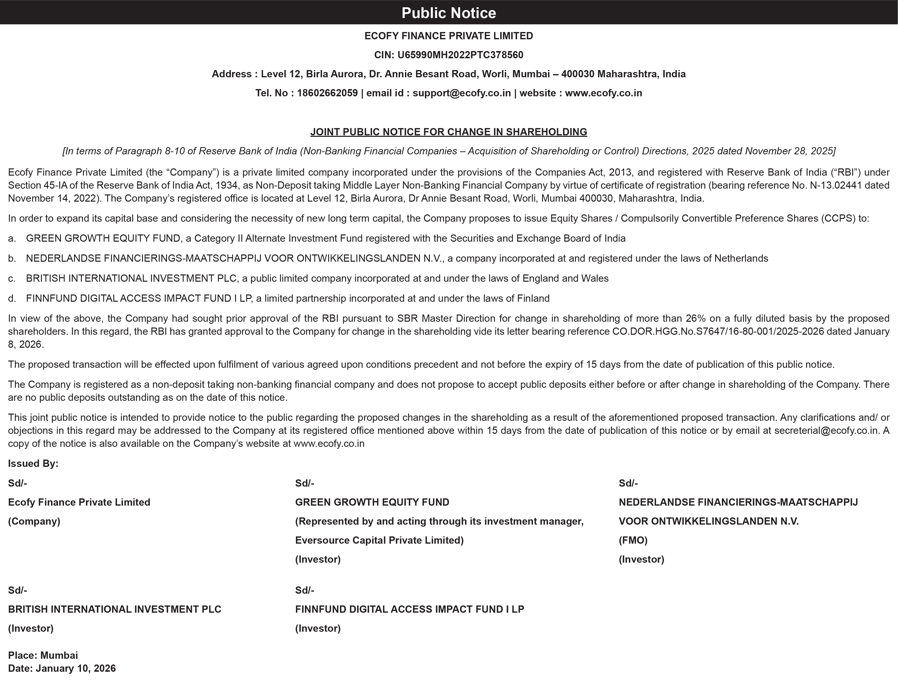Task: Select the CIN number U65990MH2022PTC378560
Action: coord(460,55)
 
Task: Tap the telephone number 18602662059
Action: coord(327,93)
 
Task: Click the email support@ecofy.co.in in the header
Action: coord(462,93)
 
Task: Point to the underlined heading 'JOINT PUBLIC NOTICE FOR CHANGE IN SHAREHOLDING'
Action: coord(448,132)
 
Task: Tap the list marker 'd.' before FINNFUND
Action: coord(12,299)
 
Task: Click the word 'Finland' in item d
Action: coord(533,299)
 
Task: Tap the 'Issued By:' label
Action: coord(33,463)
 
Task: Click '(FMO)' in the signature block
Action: coord(633,540)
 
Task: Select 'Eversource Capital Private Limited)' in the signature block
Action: coord(379,540)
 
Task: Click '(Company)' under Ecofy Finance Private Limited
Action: coord(34,521)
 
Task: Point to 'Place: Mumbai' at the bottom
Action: coord(43,655)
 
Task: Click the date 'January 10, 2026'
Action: coord(76,669)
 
